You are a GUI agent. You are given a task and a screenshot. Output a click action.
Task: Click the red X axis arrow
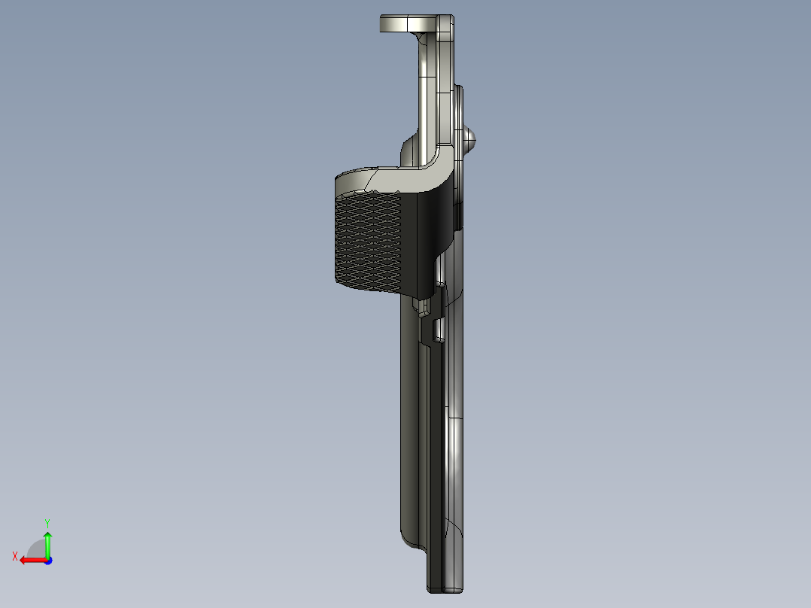[x=30, y=560]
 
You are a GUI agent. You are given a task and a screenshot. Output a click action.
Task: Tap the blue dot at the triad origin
[x=47, y=561]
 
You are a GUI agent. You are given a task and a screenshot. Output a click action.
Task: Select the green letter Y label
[x=47, y=522]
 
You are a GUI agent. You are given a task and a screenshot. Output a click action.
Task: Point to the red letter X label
[x=15, y=557]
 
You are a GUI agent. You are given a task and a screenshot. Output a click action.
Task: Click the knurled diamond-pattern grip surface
[x=366, y=241]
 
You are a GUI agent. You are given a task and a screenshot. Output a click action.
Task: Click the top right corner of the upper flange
[x=451, y=18]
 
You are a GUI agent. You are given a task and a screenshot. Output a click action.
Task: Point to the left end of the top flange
[x=383, y=23]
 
